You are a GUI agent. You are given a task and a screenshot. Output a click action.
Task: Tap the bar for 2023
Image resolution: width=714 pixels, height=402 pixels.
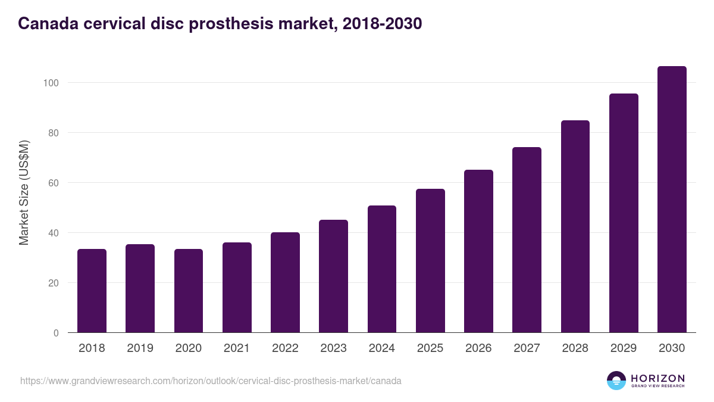pyautogui.click(x=333, y=276)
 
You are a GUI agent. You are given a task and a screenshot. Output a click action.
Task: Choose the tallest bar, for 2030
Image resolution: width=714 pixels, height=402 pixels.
pyautogui.click(x=672, y=200)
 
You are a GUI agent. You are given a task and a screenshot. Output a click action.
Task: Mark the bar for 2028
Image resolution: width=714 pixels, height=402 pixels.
pyautogui.click(x=575, y=226)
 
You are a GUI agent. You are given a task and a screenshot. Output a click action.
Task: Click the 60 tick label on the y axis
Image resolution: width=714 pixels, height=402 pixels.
pyautogui.click(x=53, y=183)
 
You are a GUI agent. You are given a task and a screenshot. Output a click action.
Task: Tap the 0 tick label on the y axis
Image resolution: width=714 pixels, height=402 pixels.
pyautogui.click(x=56, y=333)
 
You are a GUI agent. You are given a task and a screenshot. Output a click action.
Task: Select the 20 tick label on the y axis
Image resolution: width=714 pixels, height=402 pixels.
pyautogui.click(x=53, y=283)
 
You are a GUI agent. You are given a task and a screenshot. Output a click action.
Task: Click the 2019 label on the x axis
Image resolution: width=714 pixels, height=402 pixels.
pyautogui.click(x=140, y=348)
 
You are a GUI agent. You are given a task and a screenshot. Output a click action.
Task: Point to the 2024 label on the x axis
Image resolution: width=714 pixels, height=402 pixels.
pyautogui.click(x=381, y=348)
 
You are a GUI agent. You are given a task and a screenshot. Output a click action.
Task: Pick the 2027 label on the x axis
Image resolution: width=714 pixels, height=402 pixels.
pyautogui.click(x=527, y=348)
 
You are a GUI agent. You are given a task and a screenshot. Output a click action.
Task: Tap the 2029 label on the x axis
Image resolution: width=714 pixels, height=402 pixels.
pyautogui.click(x=624, y=348)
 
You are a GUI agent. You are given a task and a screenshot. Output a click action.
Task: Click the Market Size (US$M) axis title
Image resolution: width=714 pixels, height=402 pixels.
pyautogui.click(x=24, y=192)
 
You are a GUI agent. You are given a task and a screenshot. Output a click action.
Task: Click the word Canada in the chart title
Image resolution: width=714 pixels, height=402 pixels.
pyautogui.click(x=46, y=24)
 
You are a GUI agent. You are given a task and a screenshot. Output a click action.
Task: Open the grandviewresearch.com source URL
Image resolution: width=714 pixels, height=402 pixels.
pyautogui.click(x=211, y=381)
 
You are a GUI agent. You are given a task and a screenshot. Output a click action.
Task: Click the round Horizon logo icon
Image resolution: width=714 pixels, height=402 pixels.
pyautogui.click(x=616, y=381)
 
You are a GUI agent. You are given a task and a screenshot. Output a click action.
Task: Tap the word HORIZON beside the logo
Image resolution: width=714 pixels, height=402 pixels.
pyautogui.click(x=657, y=378)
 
